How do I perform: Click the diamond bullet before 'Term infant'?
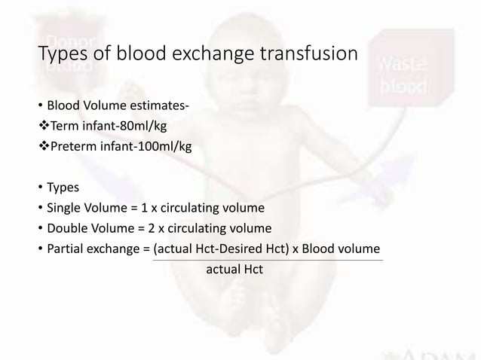point(44,126)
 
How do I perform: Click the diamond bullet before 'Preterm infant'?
point(44,146)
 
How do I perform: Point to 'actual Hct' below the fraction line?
point(234,269)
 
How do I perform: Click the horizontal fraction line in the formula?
point(268,260)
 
